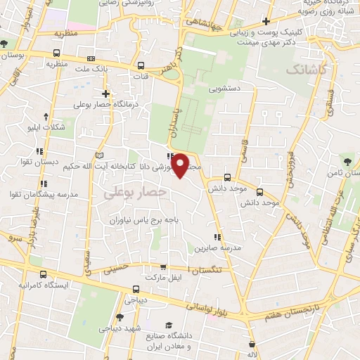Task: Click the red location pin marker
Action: click(181, 165)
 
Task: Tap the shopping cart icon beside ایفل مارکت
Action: click(164, 267)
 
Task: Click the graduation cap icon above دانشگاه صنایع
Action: click(169, 324)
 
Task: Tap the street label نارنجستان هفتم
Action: click(287, 311)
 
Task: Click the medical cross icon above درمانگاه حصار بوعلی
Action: click(105, 93)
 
